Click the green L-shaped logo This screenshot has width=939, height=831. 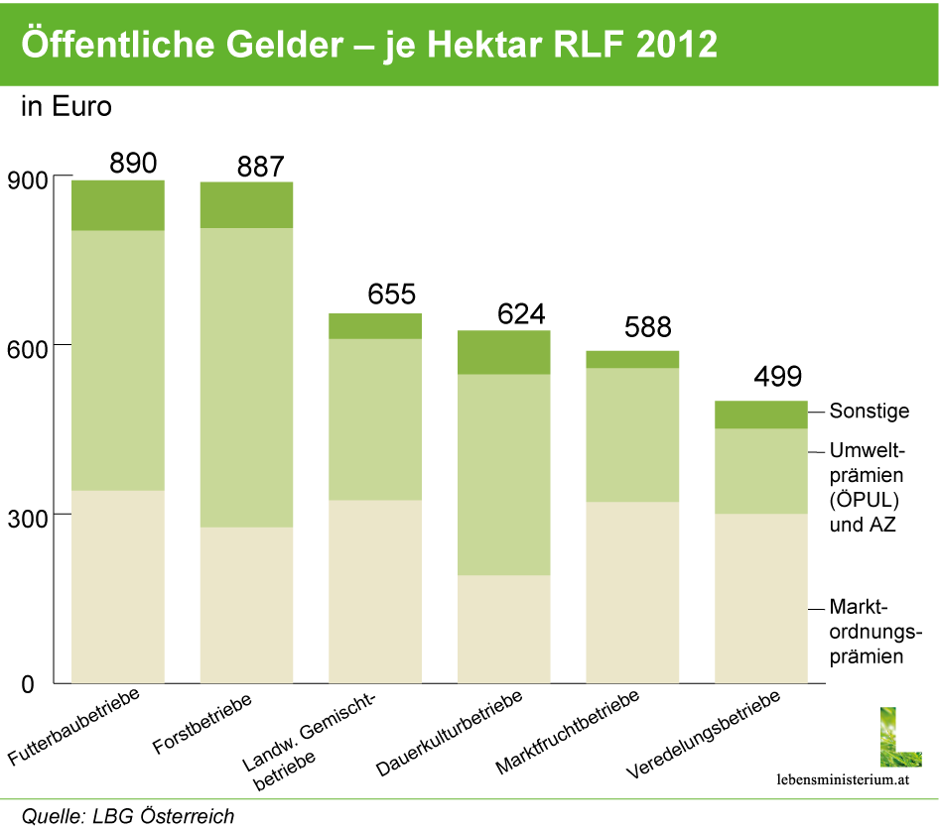pos(900,737)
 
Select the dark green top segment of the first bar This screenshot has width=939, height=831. pos(118,205)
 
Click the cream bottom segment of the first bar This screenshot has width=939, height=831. pos(118,586)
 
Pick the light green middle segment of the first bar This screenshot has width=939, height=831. pos(118,360)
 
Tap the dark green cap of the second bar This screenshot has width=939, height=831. pos(246,204)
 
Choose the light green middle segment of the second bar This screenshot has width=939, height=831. pos(246,377)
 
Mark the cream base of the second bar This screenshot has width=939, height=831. pos(246,605)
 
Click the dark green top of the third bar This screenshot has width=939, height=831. pos(375,326)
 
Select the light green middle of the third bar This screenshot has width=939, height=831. pos(375,419)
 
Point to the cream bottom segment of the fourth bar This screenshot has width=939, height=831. pos(504,629)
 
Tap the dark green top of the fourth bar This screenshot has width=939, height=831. pos(504,352)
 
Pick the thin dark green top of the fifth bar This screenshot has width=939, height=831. pos(632,359)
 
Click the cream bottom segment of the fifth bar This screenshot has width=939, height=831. pos(632,592)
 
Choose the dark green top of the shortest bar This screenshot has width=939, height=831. pos(761,415)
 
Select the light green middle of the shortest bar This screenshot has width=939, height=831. pos(761,471)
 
